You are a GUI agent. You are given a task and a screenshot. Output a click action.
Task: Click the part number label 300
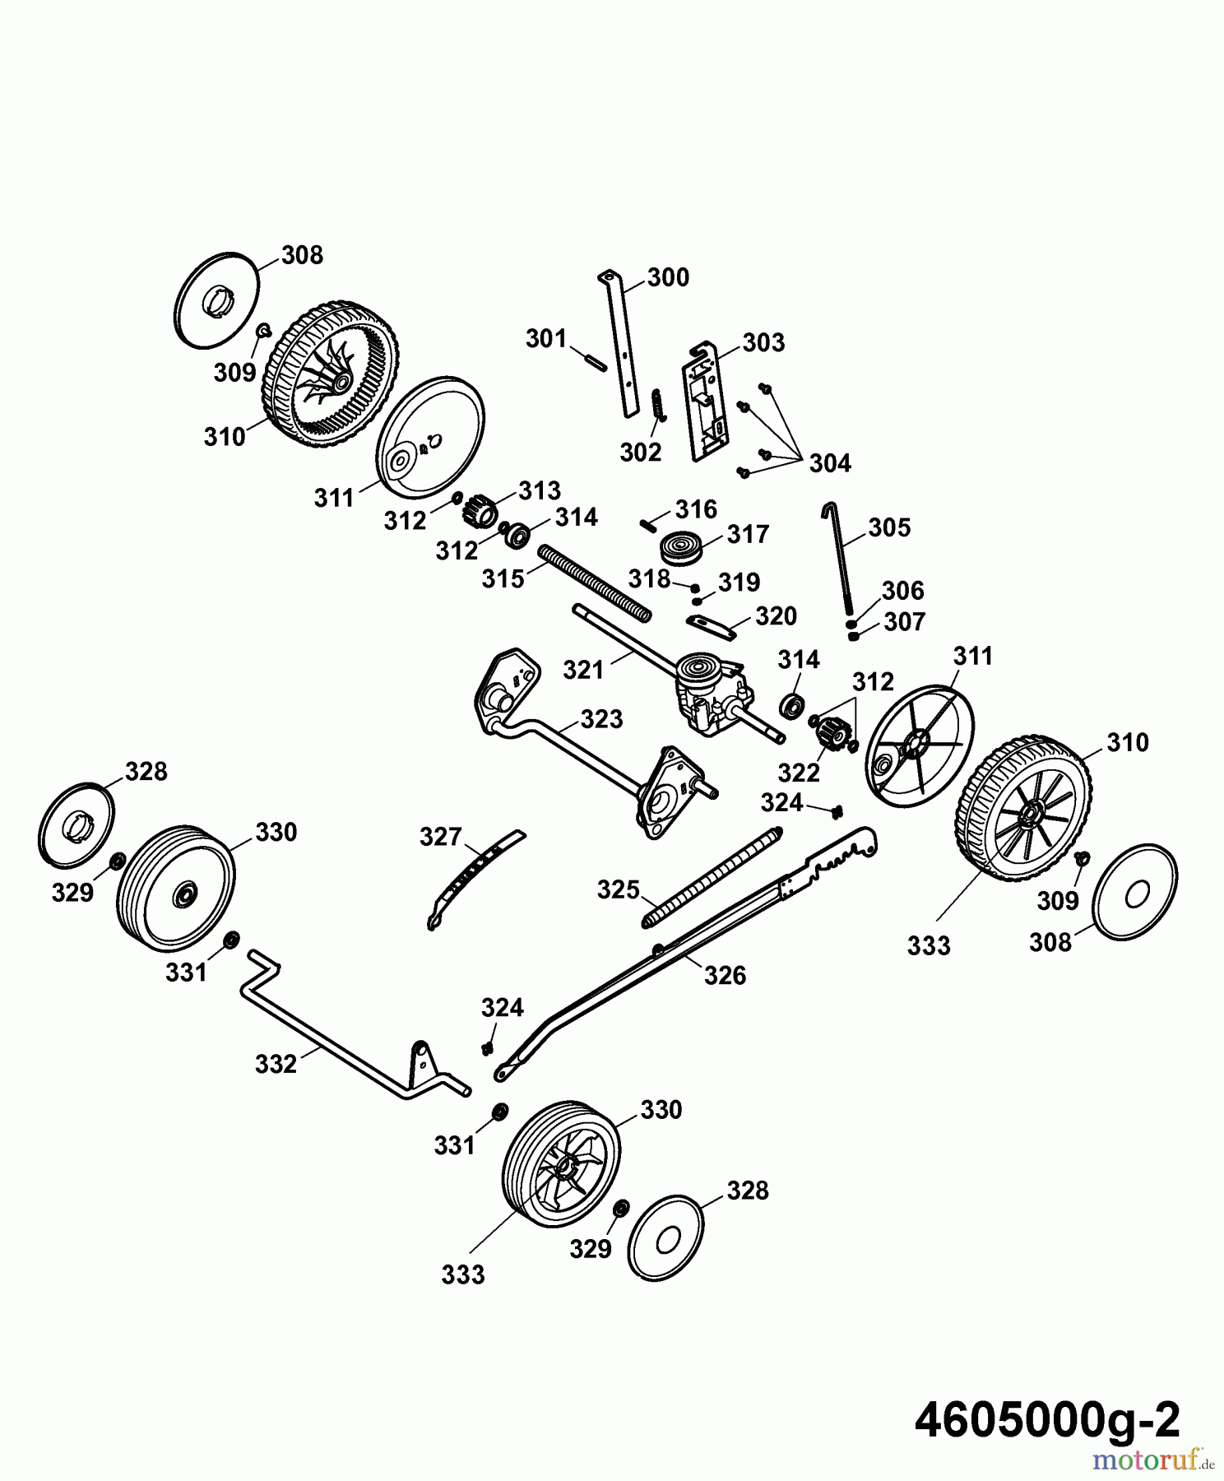(667, 278)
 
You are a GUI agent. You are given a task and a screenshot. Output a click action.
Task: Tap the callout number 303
(763, 342)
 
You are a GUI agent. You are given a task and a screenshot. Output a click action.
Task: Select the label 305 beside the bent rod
(888, 527)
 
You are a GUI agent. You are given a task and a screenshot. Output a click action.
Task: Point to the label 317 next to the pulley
(747, 535)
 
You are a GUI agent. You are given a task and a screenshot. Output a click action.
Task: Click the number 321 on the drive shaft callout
(583, 671)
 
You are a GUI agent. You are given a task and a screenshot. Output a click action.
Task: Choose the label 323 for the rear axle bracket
(601, 719)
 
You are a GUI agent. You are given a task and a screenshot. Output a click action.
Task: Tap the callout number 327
(440, 837)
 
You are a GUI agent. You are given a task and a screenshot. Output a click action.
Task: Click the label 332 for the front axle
(276, 1064)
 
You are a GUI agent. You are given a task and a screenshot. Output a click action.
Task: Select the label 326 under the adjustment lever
(725, 976)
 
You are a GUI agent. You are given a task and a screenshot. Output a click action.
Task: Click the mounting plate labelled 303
(704, 401)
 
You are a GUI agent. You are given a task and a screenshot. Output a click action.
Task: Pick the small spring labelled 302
(658, 404)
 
